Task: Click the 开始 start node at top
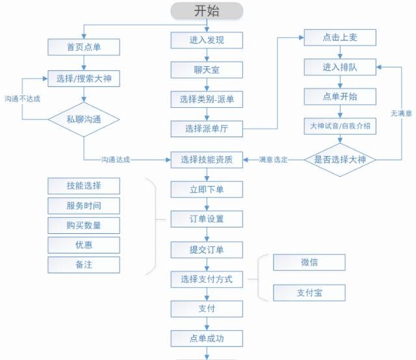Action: click(x=207, y=10)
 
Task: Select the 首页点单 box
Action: click(x=83, y=47)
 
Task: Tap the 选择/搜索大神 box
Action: click(x=83, y=79)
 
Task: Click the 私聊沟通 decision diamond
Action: click(x=83, y=120)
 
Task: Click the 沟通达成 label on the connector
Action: click(x=115, y=159)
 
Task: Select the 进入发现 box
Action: click(x=207, y=40)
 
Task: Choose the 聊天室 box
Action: click(x=207, y=70)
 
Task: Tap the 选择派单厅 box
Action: click(x=207, y=129)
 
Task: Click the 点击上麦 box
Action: click(x=340, y=38)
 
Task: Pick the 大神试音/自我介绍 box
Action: click(x=340, y=126)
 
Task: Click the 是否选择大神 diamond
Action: click(x=340, y=159)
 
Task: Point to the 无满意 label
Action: click(x=400, y=113)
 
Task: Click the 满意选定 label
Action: click(x=274, y=159)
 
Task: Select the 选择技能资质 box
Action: click(x=207, y=159)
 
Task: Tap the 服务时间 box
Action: click(x=83, y=206)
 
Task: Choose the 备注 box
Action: click(x=83, y=264)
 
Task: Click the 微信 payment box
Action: click(x=309, y=263)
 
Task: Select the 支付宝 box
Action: click(x=309, y=292)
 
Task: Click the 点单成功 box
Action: click(x=207, y=338)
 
